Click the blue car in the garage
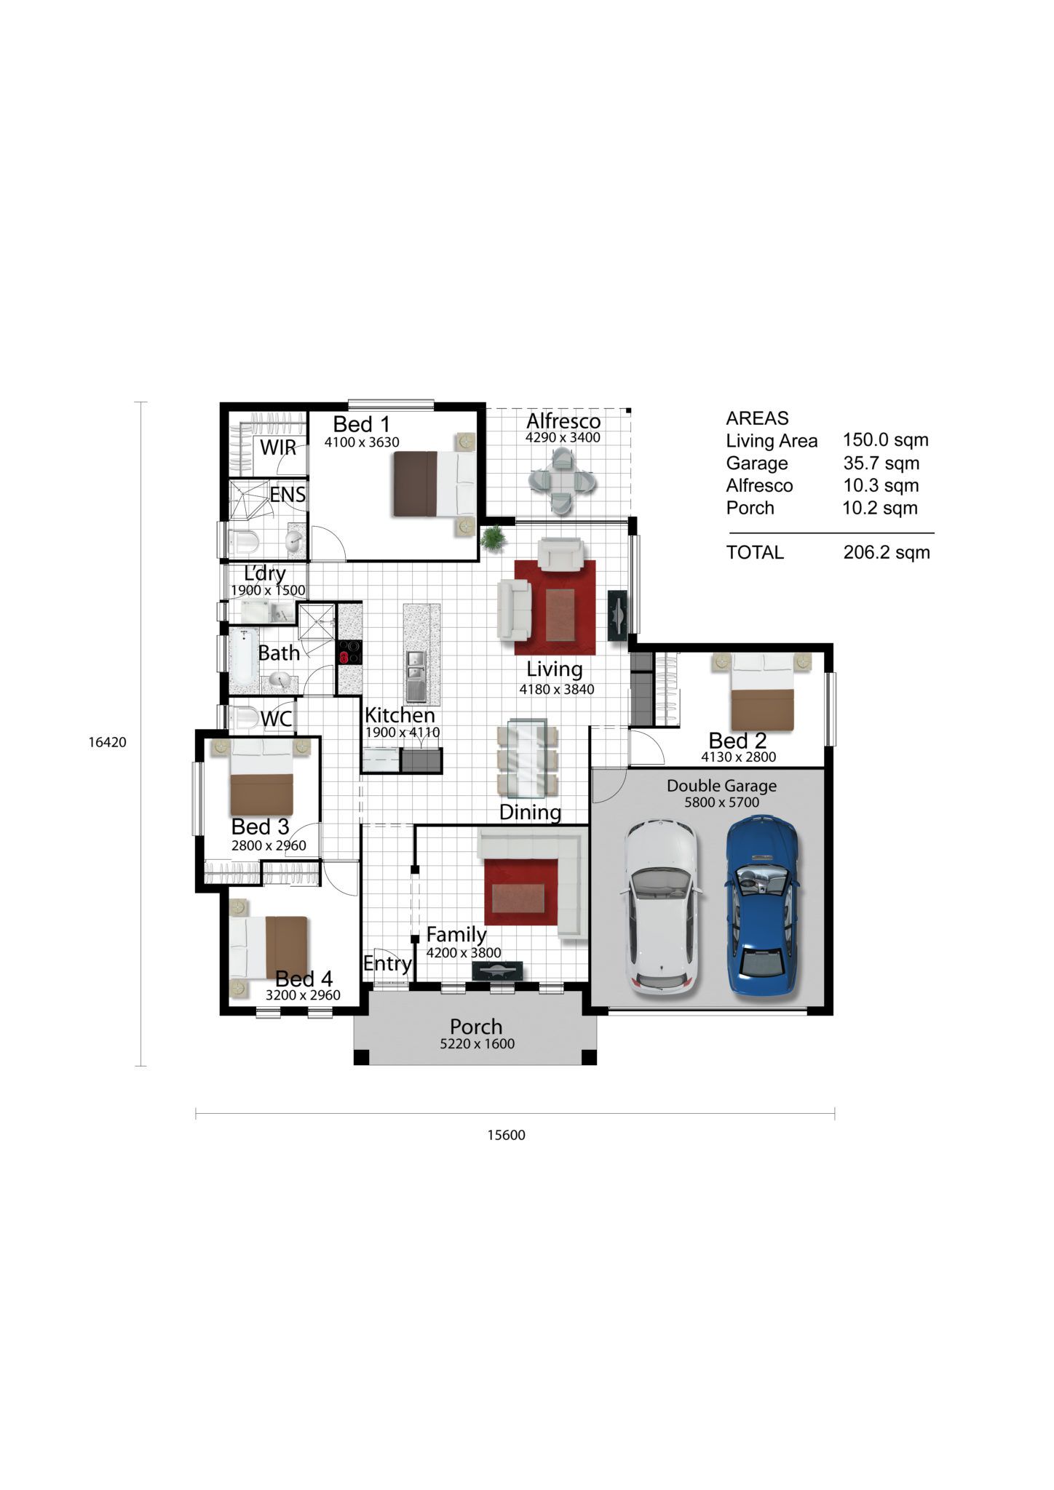[762, 906]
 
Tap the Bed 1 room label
[362, 424]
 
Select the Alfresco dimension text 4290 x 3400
[563, 438]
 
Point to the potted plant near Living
[494, 538]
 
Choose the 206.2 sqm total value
[887, 552]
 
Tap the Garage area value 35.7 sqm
[881, 463]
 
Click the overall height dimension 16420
[108, 743]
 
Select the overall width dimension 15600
[506, 1135]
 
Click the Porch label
[476, 1027]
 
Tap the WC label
[277, 719]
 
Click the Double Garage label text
[721, 786]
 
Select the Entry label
[387, 964]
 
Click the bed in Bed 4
[269, 947]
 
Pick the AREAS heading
[757, 418]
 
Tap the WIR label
[278, 447]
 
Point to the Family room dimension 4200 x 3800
[464, 953]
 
